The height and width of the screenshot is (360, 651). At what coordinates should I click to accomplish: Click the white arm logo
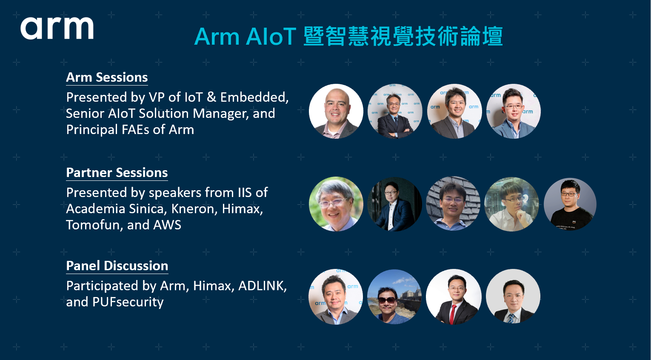tap(57, 28)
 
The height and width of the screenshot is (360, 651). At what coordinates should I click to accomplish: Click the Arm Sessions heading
tap(107, 77)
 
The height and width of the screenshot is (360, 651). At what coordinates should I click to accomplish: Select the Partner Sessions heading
tap(117, 173)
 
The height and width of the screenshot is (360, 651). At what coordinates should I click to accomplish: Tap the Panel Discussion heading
tap(117, 266)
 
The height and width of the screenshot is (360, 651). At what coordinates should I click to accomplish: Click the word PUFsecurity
tap(128, 302)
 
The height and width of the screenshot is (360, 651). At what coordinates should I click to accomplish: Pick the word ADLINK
tap(263, 286)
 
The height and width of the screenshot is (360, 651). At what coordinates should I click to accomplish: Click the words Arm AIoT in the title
tap(245, 37)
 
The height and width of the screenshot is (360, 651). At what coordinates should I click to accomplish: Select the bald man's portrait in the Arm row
tap(336, 111)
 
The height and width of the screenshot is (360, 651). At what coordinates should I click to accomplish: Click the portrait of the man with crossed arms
tap(395, 111)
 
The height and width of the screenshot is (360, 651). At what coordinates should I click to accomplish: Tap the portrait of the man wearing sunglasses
tap(395, 297)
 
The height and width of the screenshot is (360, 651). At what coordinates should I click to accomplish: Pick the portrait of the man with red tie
tap(454, 297)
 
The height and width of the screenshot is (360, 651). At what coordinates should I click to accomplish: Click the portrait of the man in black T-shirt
tap(570, 204)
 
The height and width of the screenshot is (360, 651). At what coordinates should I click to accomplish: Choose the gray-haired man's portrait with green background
tap(336, 204)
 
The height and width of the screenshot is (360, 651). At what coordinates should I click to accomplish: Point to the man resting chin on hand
tap(512, 204)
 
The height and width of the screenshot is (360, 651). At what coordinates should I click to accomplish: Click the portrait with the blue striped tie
tap(513, 296)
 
